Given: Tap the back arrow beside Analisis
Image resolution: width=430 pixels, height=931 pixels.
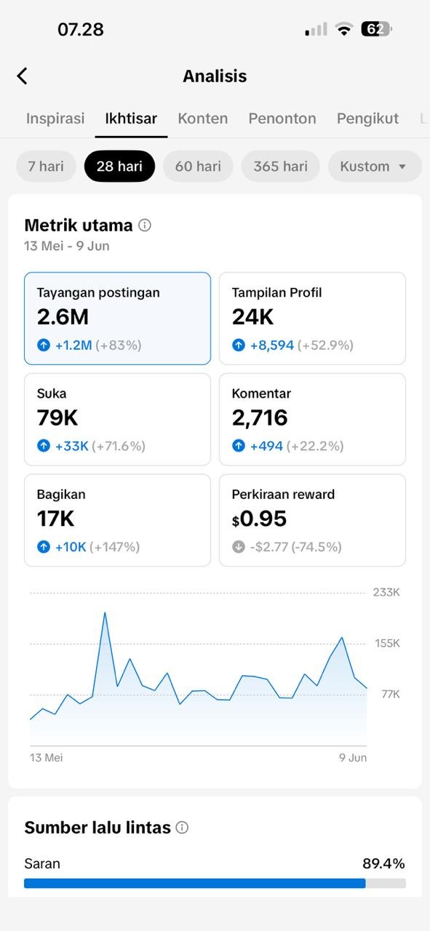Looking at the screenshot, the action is [22, 76].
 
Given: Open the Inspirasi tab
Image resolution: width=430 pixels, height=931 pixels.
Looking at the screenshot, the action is [55, 119].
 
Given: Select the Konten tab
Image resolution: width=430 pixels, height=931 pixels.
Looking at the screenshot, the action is [202, 119].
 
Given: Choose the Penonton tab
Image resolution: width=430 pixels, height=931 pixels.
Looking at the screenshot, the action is [282, 119].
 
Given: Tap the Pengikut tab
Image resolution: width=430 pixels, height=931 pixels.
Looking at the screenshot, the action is [367, 119].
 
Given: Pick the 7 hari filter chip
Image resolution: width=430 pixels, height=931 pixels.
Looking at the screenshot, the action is [46, 167].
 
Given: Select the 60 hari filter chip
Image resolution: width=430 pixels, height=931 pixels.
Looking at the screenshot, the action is [198, 167].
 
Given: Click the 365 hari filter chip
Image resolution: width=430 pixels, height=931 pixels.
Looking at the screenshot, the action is [281, 167].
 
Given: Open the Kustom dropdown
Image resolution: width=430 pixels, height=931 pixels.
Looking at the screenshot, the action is [375, 167].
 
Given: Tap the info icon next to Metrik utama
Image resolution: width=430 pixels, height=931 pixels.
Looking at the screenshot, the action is [145, 225].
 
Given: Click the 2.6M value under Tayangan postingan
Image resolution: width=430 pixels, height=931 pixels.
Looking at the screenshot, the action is [63, 316].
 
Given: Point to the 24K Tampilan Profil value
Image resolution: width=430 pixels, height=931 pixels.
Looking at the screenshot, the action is [253, 316].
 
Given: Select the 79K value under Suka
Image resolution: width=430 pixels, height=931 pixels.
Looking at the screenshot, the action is [57, 417].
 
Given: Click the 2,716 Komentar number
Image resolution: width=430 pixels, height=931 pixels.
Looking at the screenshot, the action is [260, 418].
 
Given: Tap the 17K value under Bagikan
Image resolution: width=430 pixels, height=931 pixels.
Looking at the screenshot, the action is [55, 519].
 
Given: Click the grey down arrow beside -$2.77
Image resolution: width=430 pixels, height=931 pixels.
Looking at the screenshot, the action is [239, 546].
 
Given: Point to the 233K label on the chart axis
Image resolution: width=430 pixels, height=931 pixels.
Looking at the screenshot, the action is [386, 592].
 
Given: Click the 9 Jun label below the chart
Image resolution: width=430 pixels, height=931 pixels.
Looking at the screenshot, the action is [353, 758].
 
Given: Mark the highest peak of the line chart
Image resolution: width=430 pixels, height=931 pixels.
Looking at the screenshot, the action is [105, 612].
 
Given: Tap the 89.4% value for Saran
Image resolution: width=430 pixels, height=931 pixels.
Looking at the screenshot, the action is [383, 863].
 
